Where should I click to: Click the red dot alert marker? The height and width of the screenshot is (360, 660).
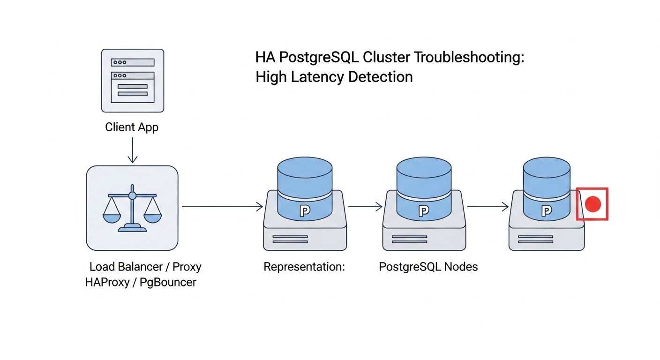[592, 204]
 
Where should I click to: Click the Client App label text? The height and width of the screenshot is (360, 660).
[132, 127]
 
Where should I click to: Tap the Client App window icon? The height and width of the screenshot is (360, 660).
[133, 81]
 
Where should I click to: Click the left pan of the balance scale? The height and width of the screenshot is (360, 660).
[112, 217]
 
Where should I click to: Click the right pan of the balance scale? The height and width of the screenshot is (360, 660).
[152, 217]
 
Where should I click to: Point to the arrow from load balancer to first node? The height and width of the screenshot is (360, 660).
[221, 206]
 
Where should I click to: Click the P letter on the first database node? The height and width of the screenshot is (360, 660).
[305, 211]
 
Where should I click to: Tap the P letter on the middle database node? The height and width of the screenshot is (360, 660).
[424, 211]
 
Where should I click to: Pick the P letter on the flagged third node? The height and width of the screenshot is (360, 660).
[546, 211]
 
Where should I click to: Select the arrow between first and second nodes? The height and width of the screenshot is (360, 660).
[365, 206]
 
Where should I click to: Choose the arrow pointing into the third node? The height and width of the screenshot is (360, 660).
[487, 206]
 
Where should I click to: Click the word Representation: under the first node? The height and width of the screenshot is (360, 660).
[304, 267]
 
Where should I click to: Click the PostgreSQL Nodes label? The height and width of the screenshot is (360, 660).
[428, 267]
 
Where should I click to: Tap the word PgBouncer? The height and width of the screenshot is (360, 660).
[168, 283]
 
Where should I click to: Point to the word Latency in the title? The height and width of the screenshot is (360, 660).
[315, 76]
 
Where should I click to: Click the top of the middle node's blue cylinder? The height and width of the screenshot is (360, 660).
[424, 166]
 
